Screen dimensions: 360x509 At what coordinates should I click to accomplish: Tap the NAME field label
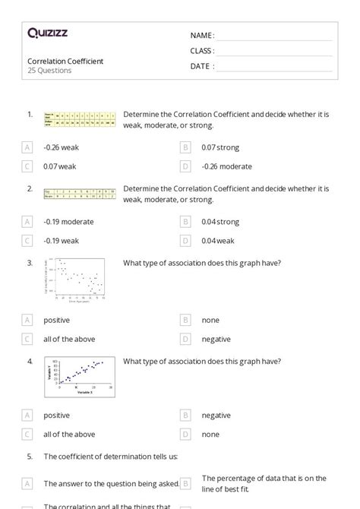coord(201,36)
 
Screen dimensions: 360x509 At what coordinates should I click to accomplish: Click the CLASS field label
coord(202,51)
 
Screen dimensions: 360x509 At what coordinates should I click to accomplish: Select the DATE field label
coord(201,66)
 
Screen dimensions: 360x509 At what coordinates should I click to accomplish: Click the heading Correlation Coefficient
coord(65,61)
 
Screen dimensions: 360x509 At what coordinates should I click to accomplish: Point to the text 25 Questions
coord(49,71)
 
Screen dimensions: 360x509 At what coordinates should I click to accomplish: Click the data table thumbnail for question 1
coord(80,119)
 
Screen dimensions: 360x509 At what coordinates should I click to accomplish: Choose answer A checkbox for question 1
coord(27,147)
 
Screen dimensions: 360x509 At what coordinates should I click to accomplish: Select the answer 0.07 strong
coord(220,147)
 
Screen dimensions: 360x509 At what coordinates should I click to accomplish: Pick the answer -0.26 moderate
coord(226,166)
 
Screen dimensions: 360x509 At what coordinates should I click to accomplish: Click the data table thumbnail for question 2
coord(80,194)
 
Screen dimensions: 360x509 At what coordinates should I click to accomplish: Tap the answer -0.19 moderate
coord(68,222)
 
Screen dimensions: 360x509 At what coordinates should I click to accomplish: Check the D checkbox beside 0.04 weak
coord(185,241)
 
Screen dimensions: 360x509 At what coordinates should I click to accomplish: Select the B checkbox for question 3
coord(185,321)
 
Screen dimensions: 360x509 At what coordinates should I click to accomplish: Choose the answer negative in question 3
coord(216,340)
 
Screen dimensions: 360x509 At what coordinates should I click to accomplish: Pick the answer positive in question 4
coord(56,416)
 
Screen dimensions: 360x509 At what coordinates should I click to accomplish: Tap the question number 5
coord(30,457)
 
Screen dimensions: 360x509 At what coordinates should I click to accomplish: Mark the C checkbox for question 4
coord(27,435)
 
